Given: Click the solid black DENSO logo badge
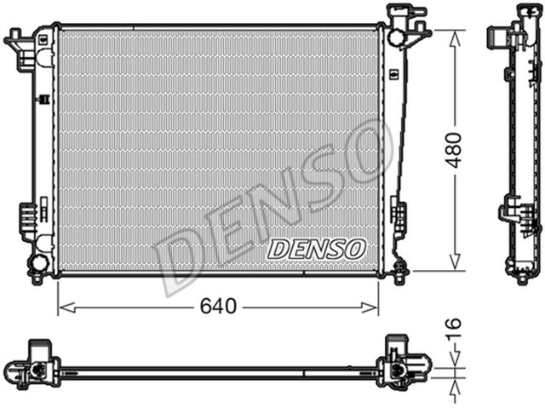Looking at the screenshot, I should point(317,249).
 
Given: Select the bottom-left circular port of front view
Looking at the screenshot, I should point(39,263).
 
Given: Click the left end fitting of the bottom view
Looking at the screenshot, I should point(34,368).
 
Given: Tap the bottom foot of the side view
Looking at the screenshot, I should point(522,274).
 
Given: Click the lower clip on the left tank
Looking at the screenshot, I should point(27,219).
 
